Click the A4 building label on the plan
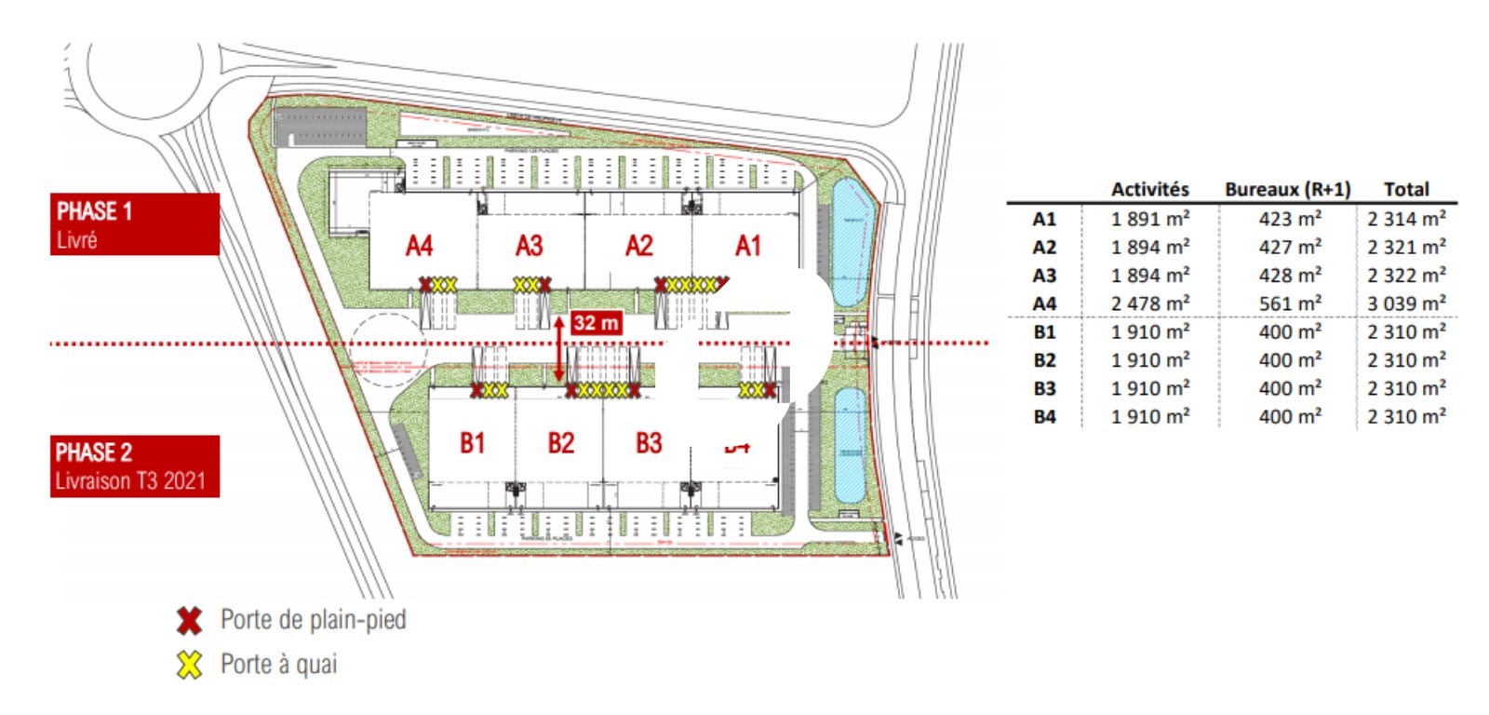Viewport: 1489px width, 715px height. point(420,246)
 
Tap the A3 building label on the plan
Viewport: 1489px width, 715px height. point(529,246)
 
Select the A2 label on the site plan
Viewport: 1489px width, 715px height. point(638,246)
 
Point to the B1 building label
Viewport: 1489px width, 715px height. point(473,442)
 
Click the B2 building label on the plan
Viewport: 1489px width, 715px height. point(560,442)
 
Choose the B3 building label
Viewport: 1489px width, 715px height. point(649,442)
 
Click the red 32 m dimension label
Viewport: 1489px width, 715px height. point(596,323)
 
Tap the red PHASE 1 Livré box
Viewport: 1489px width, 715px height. point(135,224)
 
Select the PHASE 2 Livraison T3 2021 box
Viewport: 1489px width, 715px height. point(135,466)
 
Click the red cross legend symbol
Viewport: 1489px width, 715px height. point(190,620)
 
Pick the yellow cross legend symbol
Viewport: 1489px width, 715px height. point(190,665)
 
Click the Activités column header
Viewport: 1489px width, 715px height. point(1150,189)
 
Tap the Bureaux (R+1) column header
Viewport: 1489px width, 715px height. point(1287,189)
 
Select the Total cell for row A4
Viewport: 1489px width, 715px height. point(1406,304)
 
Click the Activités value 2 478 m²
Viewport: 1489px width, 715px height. point(1150,304)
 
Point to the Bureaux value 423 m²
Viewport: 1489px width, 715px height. point(1290,219)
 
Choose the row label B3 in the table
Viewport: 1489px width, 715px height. point(1044,388)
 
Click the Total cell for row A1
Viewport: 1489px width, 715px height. point(1406,219)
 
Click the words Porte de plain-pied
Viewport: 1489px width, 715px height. point(313,620)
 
